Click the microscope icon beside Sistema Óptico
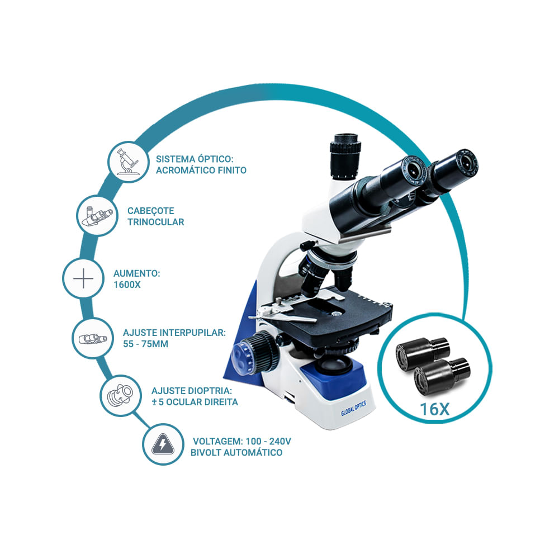127,162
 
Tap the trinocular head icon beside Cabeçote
97,216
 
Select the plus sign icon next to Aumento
83,278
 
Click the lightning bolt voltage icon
163,444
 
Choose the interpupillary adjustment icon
93,338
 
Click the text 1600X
127,285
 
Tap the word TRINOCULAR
156,222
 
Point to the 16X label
434,409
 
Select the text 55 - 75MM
145,344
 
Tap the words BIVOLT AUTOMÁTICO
236,453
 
